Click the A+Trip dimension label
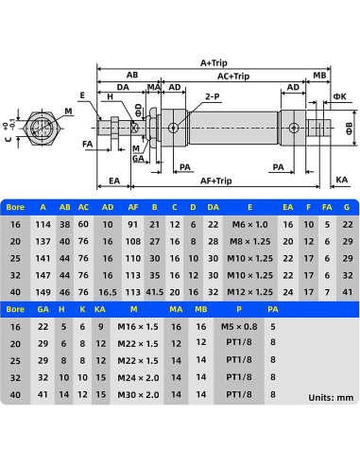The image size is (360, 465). (214, 62)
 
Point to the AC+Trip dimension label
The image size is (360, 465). (233, 76)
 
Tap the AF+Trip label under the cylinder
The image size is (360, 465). (216, 181)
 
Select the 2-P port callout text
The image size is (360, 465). (213, 96)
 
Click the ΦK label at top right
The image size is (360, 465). (340, 96)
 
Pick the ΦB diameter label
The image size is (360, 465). (350, 129)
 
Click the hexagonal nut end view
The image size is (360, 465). (42, 128)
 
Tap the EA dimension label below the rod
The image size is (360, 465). (114, 181)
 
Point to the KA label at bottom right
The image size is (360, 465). (341, 180)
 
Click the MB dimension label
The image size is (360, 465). (319, 75)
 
